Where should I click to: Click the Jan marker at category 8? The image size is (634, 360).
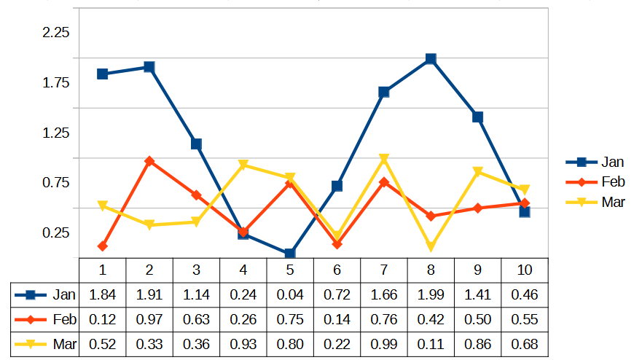[431, 59]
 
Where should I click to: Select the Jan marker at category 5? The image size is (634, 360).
[290, 254]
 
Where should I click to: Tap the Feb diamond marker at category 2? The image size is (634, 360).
[149, 161]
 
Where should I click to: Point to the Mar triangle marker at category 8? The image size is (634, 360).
[431, 248]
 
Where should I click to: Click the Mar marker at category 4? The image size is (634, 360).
[243, 165]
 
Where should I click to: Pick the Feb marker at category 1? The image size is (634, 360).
[103, 246]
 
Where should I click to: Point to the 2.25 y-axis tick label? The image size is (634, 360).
[56, 33]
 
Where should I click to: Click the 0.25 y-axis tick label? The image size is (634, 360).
[56, 232]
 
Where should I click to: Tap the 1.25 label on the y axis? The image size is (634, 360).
[56, 133]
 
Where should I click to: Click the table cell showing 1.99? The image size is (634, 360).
[431, 294]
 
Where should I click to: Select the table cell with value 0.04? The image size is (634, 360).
[290, 294]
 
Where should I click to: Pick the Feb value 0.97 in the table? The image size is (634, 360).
[149, 319]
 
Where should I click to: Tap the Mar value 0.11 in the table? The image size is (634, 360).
[431, 344]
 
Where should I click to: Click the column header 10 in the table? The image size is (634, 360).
[525, 270]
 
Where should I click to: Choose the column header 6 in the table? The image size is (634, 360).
[337, 270]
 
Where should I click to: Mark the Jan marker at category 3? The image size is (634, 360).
[196, 144]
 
